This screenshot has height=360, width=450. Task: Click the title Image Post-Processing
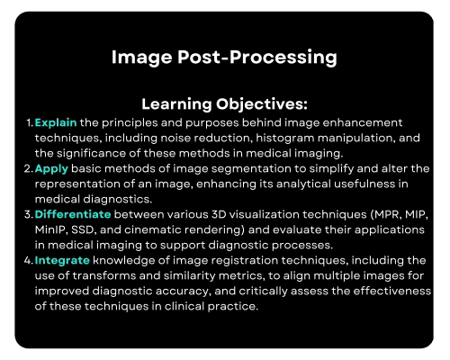coord(224,58)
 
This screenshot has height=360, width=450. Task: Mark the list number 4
coord(29,260)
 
